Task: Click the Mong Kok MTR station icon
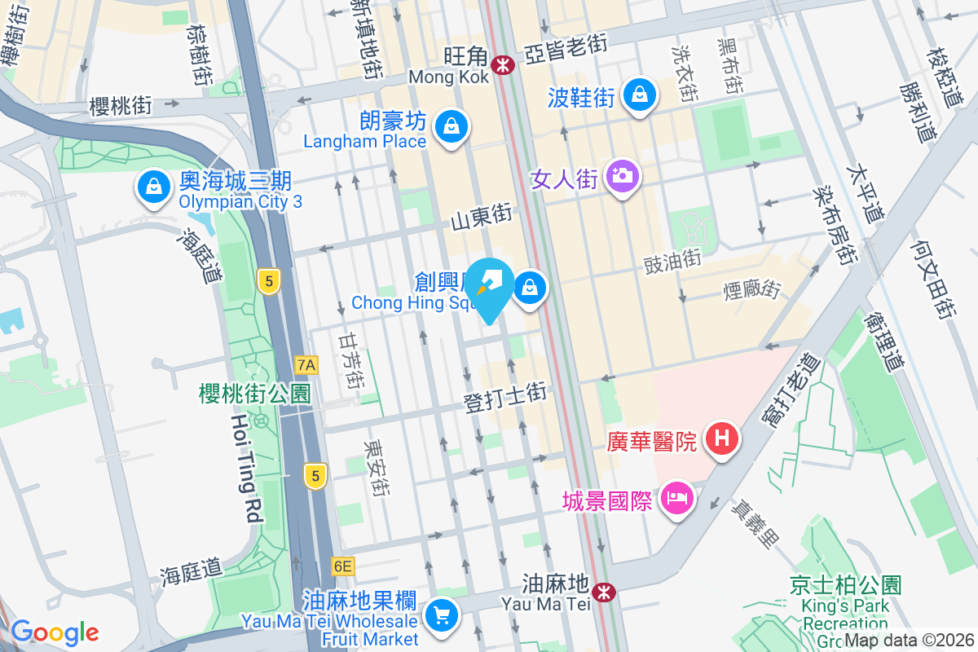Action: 503,63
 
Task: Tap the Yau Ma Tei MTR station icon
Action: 604,592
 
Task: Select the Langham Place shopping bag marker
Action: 450,127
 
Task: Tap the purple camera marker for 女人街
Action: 623,176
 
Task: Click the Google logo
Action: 55,632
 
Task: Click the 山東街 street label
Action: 481,217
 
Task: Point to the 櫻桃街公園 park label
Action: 255,394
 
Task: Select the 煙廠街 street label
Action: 751,289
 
